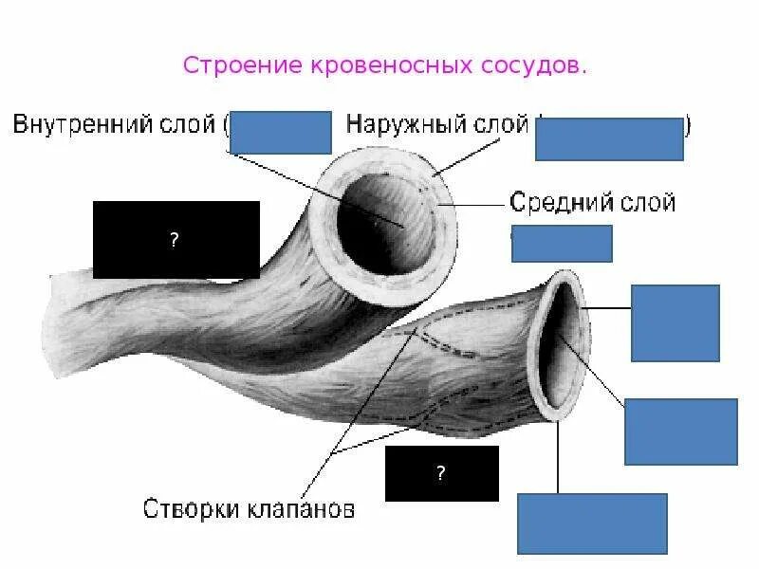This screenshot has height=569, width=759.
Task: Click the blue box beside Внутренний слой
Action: coord(280,132)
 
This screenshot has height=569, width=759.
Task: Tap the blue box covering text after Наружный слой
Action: coord(609,138)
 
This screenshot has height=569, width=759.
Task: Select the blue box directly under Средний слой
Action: coord(562,243)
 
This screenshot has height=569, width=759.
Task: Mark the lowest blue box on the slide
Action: coord(592,523)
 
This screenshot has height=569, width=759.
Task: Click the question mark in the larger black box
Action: coord(175,240)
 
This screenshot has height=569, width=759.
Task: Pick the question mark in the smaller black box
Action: coord(441,473)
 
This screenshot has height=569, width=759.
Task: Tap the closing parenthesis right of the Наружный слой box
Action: coord(689,124)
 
